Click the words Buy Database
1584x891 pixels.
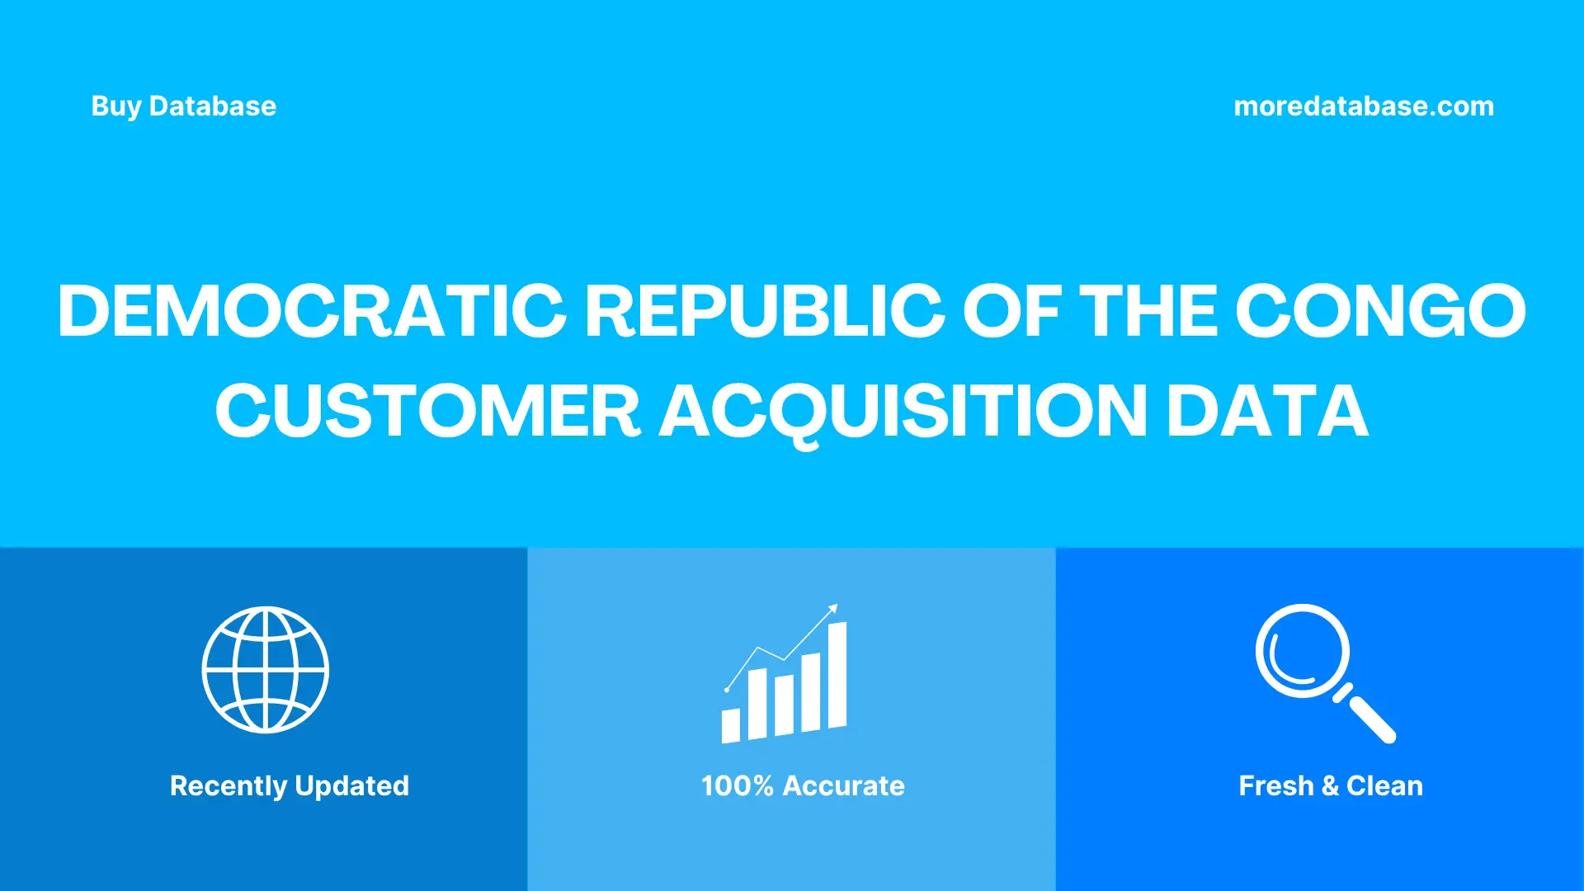[x=183, y=106]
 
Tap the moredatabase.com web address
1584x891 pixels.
[x=1363, y=106]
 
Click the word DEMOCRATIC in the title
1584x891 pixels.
[x=312, y=311]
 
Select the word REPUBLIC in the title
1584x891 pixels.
[x=764, y=311]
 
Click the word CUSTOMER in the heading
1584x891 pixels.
[x=427, y=412]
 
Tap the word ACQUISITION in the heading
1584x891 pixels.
[x=903, y=412]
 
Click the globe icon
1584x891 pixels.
[x=266, y=670]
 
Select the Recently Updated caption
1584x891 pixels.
[x=289, y=785]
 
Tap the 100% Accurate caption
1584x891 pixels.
[x=803, y=785]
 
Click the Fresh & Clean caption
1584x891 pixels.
[x=1331, y=785]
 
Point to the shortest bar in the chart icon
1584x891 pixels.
[x=731, y=725]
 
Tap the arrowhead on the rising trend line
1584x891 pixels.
[x=833, y=609]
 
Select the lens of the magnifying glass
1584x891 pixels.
[x=1302, y=651]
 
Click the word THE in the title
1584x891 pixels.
[x=1148, y=311]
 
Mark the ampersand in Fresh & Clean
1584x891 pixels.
[x=1330, y=786]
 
